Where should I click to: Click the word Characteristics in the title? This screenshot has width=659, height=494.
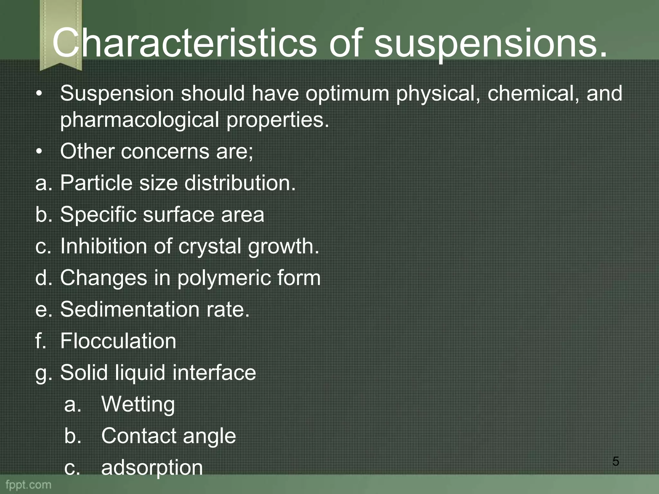(x=184, y=43)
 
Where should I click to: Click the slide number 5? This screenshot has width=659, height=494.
(x=616, y=461)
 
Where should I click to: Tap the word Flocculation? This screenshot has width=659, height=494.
(x=118, y=341)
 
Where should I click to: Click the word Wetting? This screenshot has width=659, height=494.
(x=138, y=404)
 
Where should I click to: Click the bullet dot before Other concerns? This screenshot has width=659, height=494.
(x=39, y=151)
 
